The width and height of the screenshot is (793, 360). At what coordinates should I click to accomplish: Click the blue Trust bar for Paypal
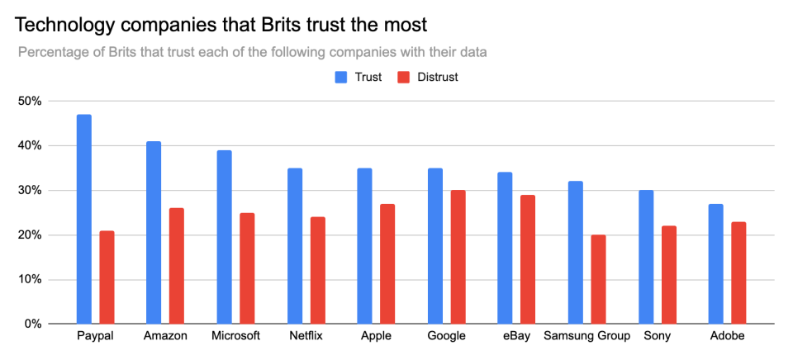point(83,219)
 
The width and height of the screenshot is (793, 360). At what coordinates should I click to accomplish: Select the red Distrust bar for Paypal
point(107,277)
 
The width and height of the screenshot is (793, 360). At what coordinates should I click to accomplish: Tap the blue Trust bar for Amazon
point(154,232)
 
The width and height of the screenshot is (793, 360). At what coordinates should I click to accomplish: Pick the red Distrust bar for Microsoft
point(247,268)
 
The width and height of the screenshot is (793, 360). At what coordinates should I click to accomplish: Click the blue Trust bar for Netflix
point(295,245)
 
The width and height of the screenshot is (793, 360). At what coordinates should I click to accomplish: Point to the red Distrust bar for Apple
point(388,263)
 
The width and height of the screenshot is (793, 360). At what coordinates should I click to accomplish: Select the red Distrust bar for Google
point(458,257)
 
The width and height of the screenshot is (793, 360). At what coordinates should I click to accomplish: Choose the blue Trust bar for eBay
point(505,248)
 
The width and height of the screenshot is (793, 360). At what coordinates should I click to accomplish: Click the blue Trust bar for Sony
point(646,257)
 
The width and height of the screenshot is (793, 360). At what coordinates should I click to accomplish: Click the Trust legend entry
point(357,78)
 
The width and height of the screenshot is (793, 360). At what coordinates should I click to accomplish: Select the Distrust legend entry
point(427,78)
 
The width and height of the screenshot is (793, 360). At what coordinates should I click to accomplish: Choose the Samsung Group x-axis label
point(586,336)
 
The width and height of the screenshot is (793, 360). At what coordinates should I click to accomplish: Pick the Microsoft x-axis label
point(235,336)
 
